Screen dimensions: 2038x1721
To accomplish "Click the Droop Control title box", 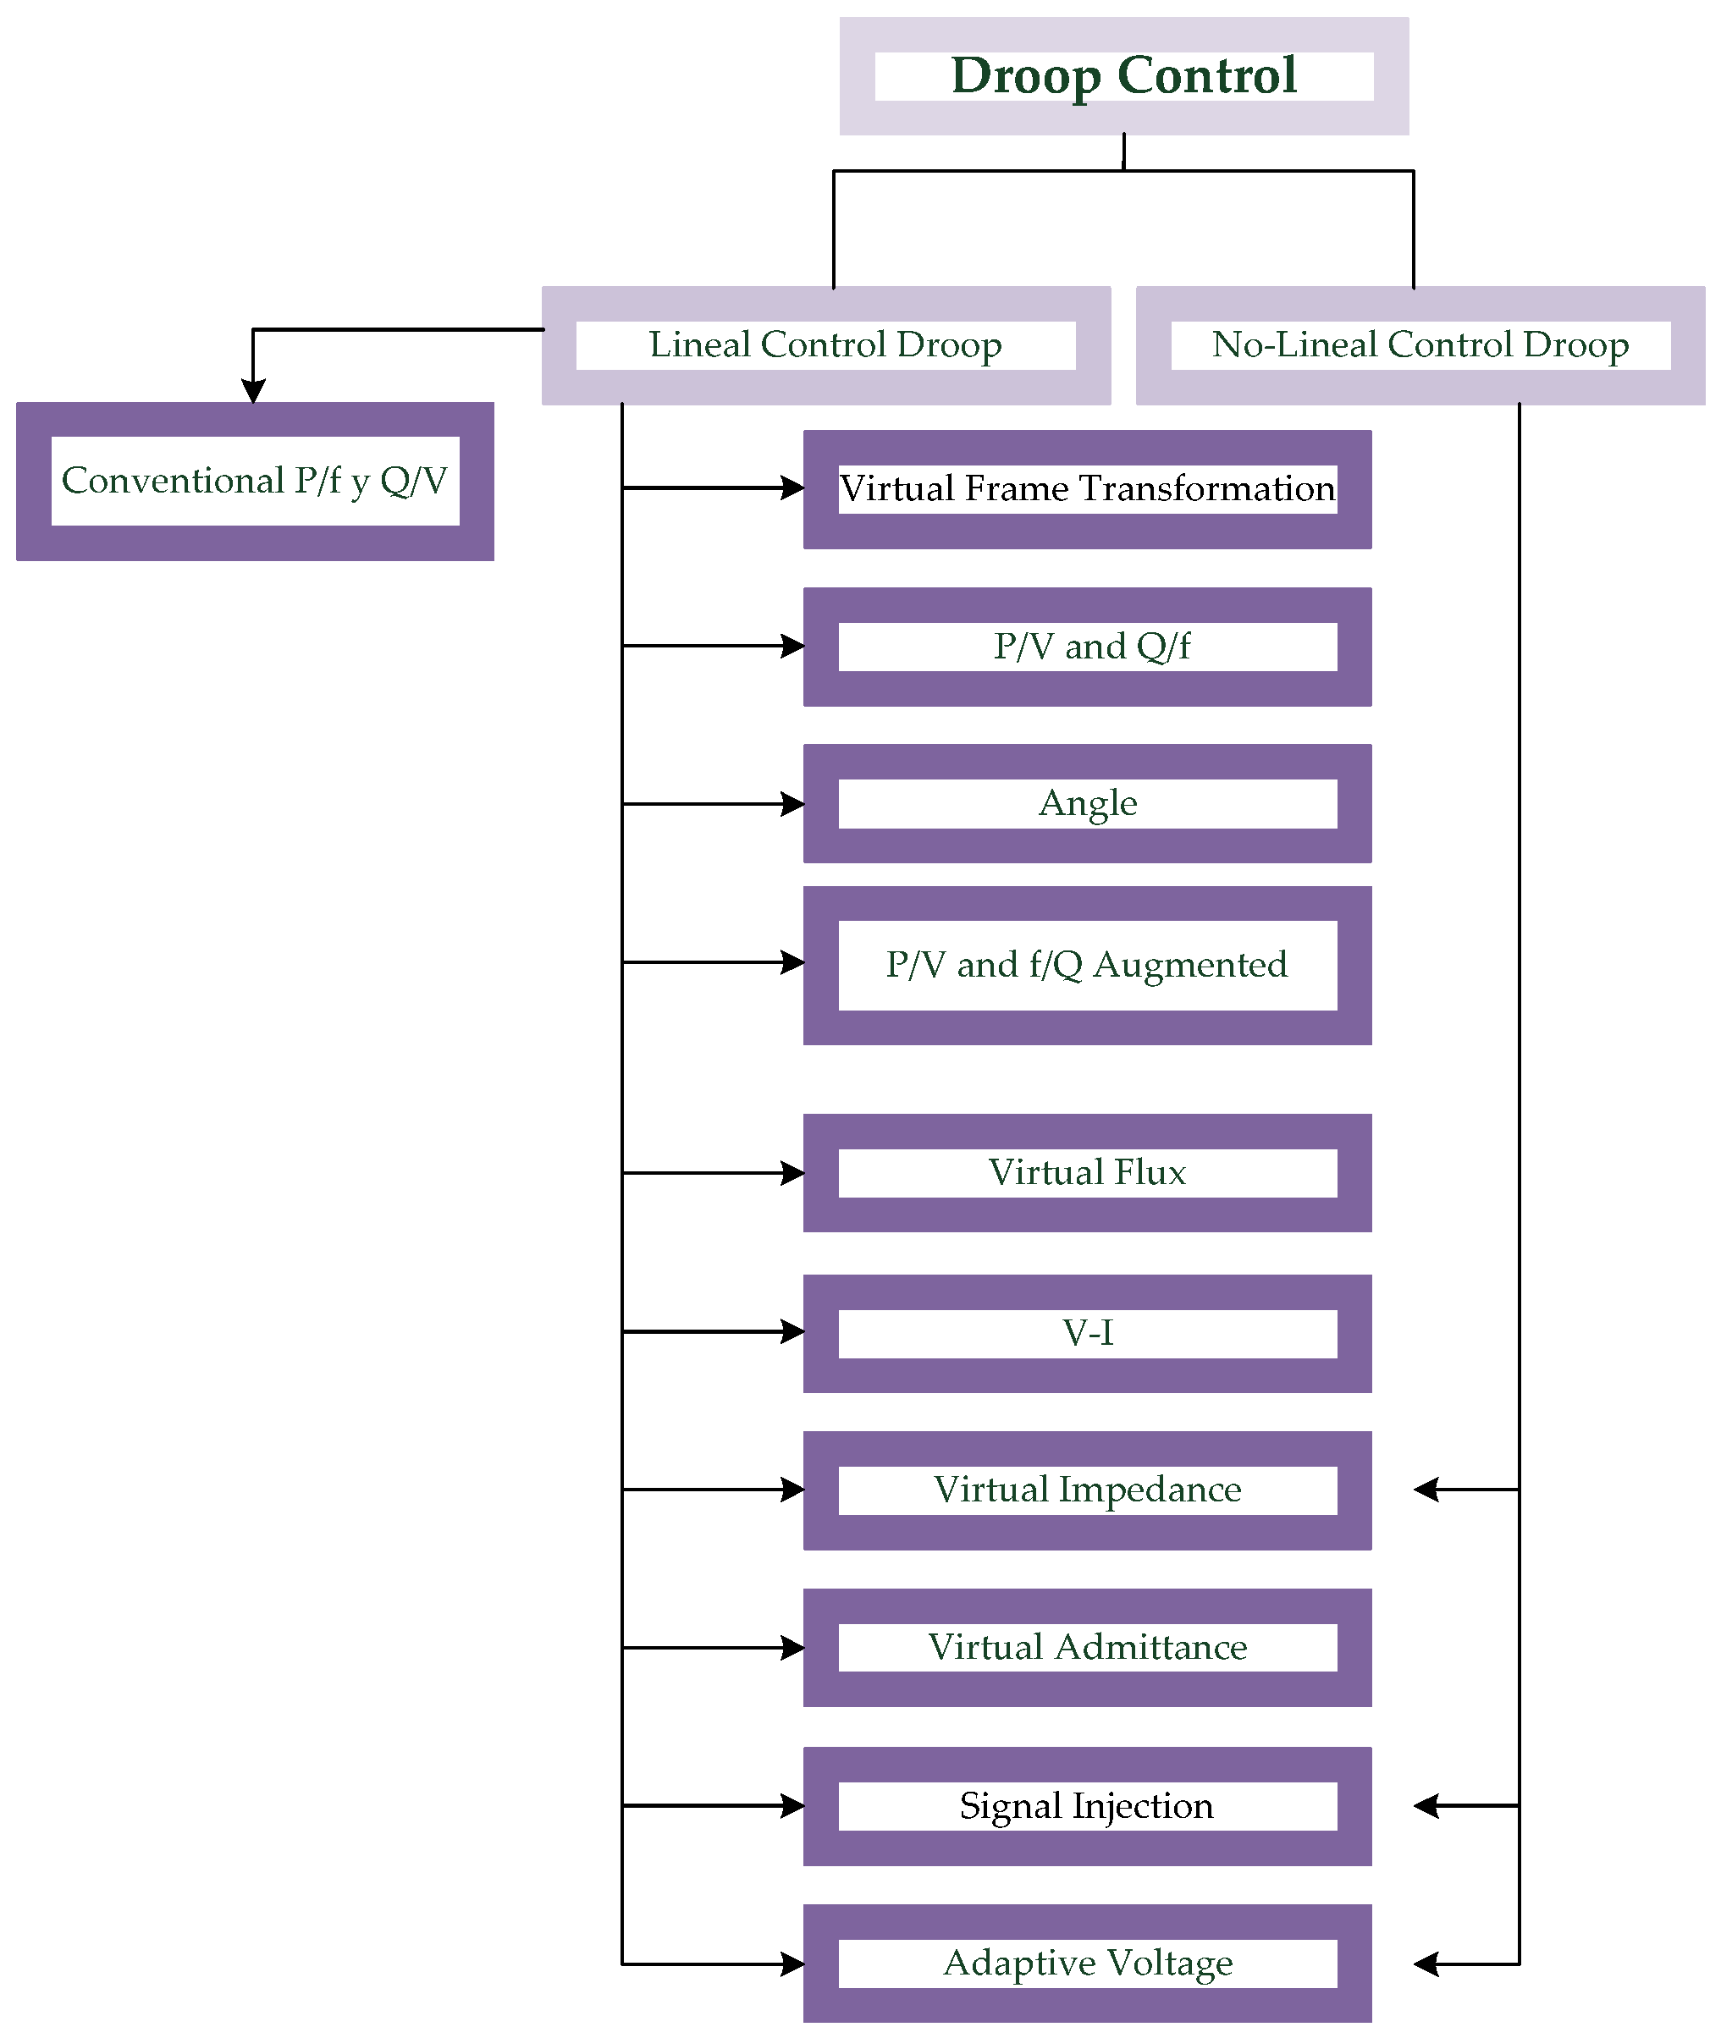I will pos(1124,76).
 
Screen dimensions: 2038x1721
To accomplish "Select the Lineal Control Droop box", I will pos(825,345).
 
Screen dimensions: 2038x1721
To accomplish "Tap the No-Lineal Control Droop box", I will pos(1420,345).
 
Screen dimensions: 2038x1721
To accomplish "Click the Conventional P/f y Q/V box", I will pos(255,481).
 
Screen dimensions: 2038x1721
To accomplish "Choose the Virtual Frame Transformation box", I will pos(1087,489).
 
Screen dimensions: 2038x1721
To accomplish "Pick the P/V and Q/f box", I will pos(1087,646).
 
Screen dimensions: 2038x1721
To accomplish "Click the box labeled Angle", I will pos(1087,803).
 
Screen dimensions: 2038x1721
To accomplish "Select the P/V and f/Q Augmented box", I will pos(1087,965).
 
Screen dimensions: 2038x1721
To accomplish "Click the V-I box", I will pos(1087,1333).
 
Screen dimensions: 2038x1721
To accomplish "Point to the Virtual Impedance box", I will pos(1087,1490).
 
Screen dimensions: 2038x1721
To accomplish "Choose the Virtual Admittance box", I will pos(1087,1647).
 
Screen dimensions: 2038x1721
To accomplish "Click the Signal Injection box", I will pos(1087,1806).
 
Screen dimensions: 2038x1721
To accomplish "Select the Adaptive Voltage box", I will pos(1087,1963).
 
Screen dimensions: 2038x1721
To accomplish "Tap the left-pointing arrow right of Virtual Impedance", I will pos(1427,1490).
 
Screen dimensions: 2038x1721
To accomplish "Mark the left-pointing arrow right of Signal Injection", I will pos(1427,1806).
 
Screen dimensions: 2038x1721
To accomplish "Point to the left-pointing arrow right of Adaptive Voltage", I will pos(1427,1964).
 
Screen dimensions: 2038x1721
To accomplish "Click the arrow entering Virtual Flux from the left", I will pos(792,1173).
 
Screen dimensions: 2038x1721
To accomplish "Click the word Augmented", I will pos(1189,965).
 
